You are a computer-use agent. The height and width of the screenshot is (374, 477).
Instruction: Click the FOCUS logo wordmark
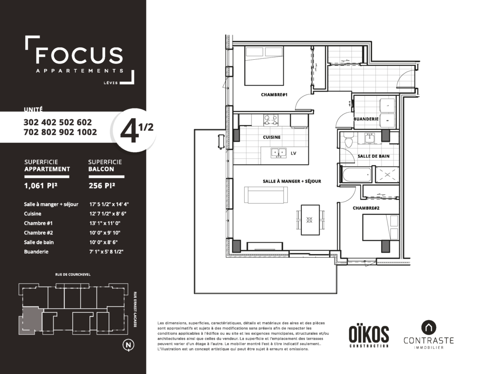click(79, 55)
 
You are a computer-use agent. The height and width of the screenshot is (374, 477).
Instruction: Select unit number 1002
click(87, 132)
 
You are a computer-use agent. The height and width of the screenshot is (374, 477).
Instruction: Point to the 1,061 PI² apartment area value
click(41, 185)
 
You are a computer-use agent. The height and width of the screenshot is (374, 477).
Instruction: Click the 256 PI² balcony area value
click(102, 185)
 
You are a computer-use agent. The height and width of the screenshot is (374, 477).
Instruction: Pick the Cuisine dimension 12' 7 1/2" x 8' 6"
click(108, 214)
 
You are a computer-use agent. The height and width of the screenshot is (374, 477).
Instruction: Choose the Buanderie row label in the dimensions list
click(36, 252)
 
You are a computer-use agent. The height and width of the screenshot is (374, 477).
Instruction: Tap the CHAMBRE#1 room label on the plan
click(274, 95)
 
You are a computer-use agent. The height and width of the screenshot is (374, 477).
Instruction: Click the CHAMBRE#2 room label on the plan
click(366, 208)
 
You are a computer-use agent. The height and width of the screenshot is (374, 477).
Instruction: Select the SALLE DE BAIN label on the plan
click(374, 156)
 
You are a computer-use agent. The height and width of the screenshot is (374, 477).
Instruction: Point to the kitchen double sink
click(279, 152)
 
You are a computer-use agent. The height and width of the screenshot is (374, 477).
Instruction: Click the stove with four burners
click(271, 120)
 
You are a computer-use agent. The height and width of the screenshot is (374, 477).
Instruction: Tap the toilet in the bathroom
click(348, 141)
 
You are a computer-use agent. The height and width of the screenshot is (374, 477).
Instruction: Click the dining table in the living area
click(310, 220)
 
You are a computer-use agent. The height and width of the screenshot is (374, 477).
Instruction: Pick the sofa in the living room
click(266, 195)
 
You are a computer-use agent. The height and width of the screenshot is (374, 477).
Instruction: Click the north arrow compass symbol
click(128, 345)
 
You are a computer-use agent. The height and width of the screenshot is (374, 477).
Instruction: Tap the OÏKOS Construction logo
click(369, 336)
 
